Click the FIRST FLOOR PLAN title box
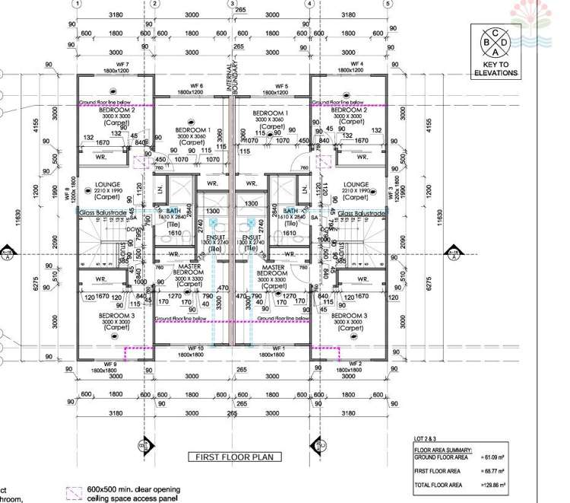(x=234, y=457)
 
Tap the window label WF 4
(x=350, y=64)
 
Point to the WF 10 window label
(x=195, y=348)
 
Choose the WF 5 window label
(x=282, y=87)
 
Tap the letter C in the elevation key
(x=495, y=33)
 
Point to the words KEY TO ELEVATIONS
(x=495, y=69)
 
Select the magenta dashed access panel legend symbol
(x=74, y=493)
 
